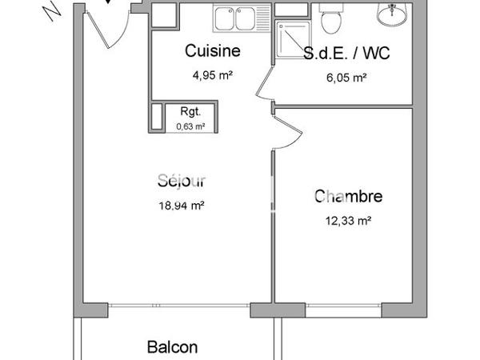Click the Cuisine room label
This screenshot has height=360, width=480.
pos(213,52)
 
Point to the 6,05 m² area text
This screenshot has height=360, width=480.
pos(347,78)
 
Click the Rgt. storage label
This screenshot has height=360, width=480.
pos(190,113)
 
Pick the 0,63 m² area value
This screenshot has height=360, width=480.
pos(190,126)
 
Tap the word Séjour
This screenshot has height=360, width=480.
pos(182,181)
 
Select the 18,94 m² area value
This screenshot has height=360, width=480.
pos(182,205)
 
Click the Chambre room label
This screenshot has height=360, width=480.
pos(348,196)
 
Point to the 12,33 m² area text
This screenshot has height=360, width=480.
pos(348,220)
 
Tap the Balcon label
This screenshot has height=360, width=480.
pos(172,347)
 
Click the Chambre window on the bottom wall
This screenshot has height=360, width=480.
pos(344,306)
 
